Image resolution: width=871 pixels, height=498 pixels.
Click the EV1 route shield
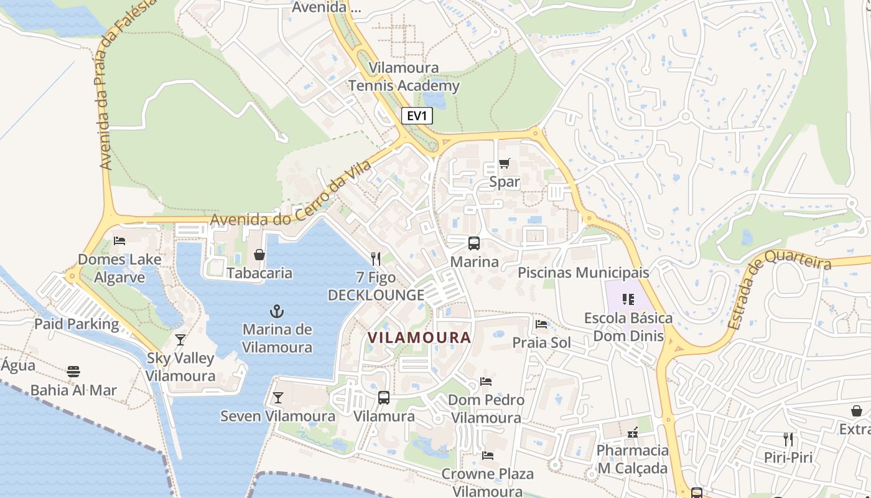point(416,116)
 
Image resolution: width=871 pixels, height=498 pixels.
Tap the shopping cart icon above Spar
point(504,164)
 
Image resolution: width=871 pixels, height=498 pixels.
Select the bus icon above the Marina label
point(474,243)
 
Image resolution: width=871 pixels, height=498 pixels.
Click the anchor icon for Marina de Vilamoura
point(276,311)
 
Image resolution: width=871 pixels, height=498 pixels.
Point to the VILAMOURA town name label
point(419,337)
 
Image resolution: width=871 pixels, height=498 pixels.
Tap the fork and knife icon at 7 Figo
point(375,258)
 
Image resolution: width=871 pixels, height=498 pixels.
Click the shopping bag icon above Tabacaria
point(259,255)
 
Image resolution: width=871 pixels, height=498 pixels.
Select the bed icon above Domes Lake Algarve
point(119,241)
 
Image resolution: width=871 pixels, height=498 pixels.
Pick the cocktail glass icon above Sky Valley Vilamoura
point(180,340)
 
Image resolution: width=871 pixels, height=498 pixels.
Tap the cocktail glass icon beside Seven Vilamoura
point(278,398)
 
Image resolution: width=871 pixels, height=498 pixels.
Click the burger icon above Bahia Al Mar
point(73,372)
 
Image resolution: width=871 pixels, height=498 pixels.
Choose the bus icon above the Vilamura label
point(384,398)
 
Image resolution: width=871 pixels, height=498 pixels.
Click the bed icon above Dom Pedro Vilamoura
point(486,381)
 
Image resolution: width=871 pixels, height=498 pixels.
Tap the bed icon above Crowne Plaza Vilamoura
point(488,456)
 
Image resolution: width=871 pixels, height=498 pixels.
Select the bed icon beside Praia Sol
point(541,324)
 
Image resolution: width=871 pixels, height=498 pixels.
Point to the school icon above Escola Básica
point(628,299)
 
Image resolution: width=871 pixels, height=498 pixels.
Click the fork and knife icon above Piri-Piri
point(788,439)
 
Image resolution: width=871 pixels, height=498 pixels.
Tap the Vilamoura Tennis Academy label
point(404,77)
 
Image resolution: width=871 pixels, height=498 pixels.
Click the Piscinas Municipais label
point(583,273)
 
